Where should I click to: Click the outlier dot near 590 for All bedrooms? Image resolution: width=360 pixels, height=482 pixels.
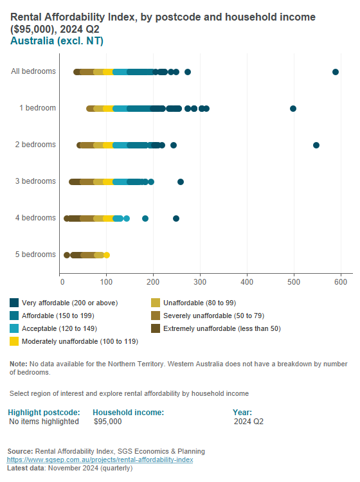(x=336, y=72)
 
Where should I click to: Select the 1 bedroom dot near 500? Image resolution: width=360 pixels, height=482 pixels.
(x=293, y=109)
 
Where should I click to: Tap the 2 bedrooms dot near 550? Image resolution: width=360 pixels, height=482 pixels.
(x=316, y=145)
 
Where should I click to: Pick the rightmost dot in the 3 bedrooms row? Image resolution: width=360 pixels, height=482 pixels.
(x=181, y=182)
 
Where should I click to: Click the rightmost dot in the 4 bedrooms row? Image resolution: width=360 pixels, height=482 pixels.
(x=176, y=219)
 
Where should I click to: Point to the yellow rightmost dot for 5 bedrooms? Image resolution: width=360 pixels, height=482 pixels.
(x=107, y=255)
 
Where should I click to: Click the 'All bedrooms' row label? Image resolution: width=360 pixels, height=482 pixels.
(x=33, y=71)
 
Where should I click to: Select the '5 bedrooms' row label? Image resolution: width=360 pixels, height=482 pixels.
(x=35, y=254)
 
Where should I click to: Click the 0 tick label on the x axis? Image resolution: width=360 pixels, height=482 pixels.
(x=61, y=281)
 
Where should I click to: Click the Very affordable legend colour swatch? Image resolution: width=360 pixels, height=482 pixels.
(x=14, y=303)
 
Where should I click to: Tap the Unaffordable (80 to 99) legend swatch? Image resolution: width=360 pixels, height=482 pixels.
(x=155, y=303)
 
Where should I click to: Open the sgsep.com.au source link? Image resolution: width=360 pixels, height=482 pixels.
(x=100, y=460)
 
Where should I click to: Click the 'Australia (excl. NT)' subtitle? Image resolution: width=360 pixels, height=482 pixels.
(x=57, y=41)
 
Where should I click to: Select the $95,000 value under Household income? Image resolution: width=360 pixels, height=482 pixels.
(x=107, y=422)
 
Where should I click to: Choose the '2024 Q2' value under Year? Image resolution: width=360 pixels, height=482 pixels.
(x=249, y=422)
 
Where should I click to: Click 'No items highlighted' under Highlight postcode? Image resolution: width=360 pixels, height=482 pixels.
(x=44, y=422)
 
